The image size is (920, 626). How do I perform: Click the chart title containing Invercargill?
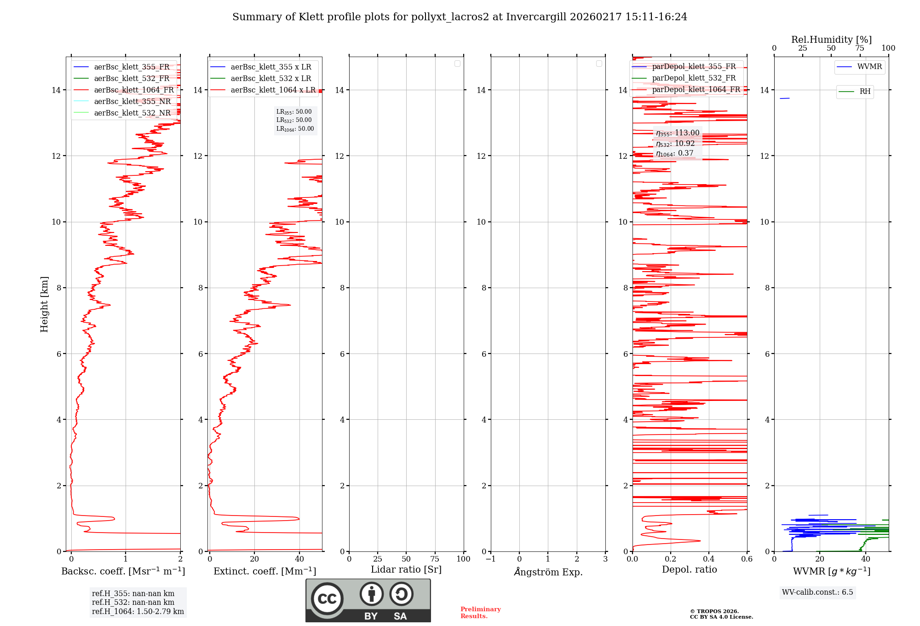tap(460, 17)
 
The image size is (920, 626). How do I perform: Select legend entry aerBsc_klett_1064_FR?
tap(134, 90)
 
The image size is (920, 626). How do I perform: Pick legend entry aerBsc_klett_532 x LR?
tap(270, 78)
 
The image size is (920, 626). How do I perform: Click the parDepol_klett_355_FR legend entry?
tap(694, 66)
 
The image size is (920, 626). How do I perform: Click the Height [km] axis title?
tap(44, 304)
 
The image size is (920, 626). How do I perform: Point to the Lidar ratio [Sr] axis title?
tap(406, 570)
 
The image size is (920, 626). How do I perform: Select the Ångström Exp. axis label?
tap(548, 572)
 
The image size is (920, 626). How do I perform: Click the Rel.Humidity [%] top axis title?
tap(831, 40)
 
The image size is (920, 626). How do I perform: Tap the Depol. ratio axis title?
tap(689, 570)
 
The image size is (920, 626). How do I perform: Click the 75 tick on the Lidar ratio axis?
tap(435, 559)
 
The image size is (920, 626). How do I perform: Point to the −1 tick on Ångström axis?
tap(491, 559)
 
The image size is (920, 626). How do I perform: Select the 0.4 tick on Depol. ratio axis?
tap(709, 559)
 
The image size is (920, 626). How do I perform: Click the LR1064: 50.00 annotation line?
tap(295, 129)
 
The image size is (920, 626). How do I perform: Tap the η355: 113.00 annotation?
tap(678, 133)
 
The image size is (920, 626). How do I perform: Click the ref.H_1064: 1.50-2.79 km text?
tap(138, 611)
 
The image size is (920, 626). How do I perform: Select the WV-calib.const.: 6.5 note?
tap(817, 592)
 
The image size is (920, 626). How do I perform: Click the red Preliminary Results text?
tap(480, 613)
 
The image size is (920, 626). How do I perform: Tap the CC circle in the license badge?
tap(327, 599)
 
